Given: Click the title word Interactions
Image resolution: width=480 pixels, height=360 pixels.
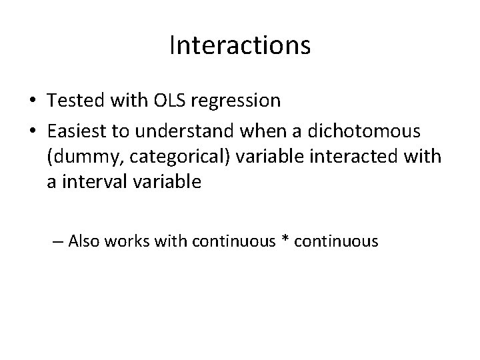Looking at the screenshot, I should pos(240,45).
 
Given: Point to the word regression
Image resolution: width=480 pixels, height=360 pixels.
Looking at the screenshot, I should pos(239,100).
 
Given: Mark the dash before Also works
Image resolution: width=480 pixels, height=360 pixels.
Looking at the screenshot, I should pos(58,242).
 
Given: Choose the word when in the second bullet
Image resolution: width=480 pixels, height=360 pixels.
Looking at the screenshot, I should pos(267,129).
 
